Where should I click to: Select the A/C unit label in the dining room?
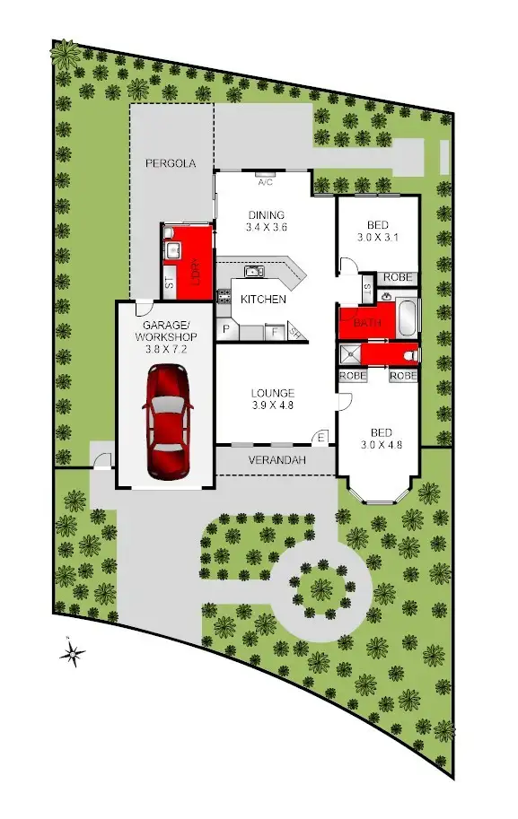click(266, 182)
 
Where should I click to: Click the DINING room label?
click(266, 214)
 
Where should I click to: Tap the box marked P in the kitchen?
click(225, 331)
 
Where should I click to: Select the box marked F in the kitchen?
click(274, 332)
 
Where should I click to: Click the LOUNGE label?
click(272, 392)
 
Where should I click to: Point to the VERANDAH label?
click(277, 460)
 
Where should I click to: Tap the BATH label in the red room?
click(366, 322)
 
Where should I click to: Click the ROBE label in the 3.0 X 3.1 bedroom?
click(397, 277)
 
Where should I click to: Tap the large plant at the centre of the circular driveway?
click(320, 589)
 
